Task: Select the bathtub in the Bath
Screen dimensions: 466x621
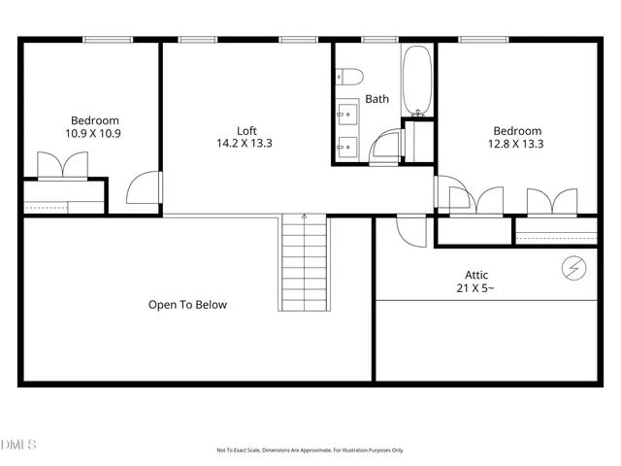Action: click(417, 80)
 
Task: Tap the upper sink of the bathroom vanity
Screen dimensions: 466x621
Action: click(345, 116)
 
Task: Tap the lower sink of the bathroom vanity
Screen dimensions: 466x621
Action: click(345, 149)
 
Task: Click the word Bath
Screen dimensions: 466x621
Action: click(376, 99)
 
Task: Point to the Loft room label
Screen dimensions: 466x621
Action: click(246, 130)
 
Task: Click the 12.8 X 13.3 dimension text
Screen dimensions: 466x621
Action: click(517, 144)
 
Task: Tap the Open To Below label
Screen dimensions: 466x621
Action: click(187, 305)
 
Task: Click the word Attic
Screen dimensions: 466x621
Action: click(476, 275)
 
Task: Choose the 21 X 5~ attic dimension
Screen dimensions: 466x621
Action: click(476, 288)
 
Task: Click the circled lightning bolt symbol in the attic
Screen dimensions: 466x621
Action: click(573, 266)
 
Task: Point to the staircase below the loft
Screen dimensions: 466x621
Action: click(305, 264)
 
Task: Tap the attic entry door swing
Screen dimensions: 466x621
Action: click(411, 230)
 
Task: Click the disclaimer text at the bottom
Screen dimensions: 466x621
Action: click(310, 449)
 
